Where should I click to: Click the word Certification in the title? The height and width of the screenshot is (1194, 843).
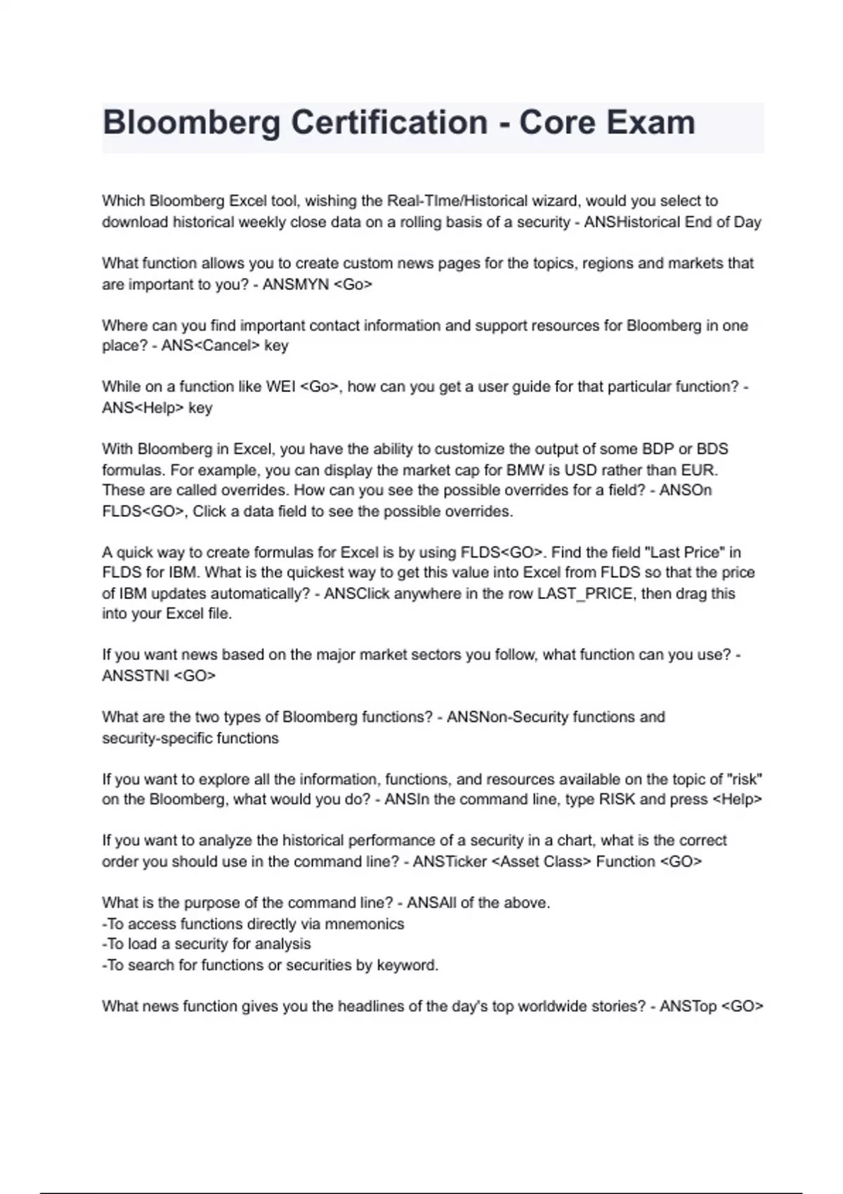point(389,123)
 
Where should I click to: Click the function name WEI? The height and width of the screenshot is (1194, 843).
point(281,387)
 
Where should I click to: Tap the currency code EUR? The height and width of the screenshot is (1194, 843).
point(699,470)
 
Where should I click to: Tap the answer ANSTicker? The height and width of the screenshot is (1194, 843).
point(450,862)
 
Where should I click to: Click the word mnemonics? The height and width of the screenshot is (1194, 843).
point(364,924)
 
